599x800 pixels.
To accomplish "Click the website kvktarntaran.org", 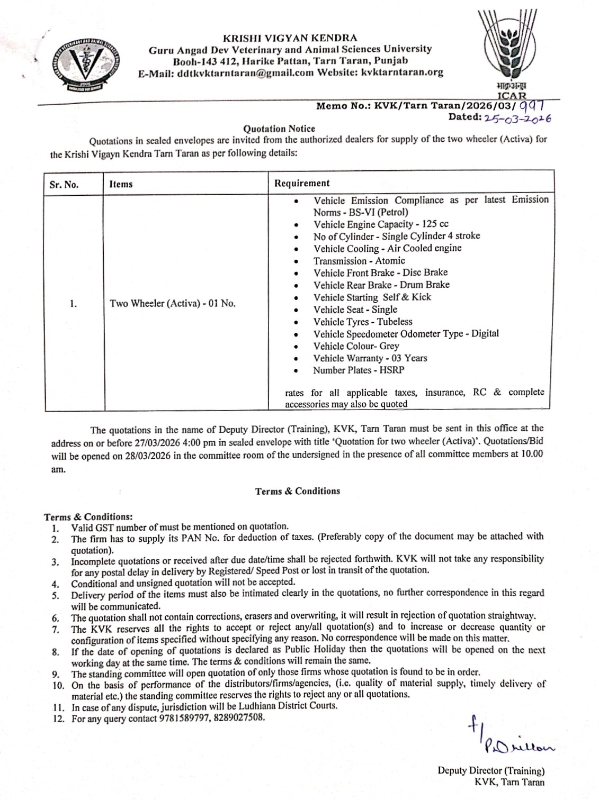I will point(401,72).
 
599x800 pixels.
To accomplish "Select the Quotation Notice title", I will point(279,129).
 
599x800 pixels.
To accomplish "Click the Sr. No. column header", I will point(64,184).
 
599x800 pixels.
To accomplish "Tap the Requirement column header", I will point(301,183).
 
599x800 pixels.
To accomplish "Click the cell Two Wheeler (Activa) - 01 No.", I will point(172,304).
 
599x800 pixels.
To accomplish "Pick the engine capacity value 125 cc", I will point(435,224).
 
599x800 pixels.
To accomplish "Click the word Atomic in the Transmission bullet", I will point(390,261).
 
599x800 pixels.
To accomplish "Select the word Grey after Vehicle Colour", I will point(389,346).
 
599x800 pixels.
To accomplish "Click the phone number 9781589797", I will point(182,719).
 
